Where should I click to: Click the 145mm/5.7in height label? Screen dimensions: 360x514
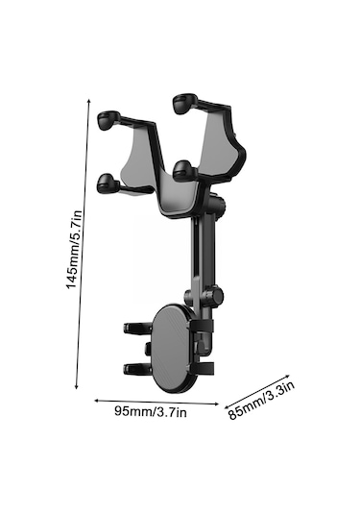coord(74,250)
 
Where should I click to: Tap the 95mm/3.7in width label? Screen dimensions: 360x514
coord(151,411)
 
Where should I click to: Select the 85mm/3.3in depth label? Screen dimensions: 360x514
coord(261,401)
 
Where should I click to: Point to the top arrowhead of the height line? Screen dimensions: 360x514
coord(88,100)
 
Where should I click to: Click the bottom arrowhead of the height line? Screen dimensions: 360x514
coord(77,387)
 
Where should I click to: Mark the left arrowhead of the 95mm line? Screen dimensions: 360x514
coord(96,401)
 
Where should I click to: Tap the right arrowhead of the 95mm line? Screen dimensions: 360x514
coord(217,404)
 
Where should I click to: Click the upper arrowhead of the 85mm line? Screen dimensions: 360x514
coord(288,376)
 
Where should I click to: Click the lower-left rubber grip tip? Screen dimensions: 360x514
coord(108,184)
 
